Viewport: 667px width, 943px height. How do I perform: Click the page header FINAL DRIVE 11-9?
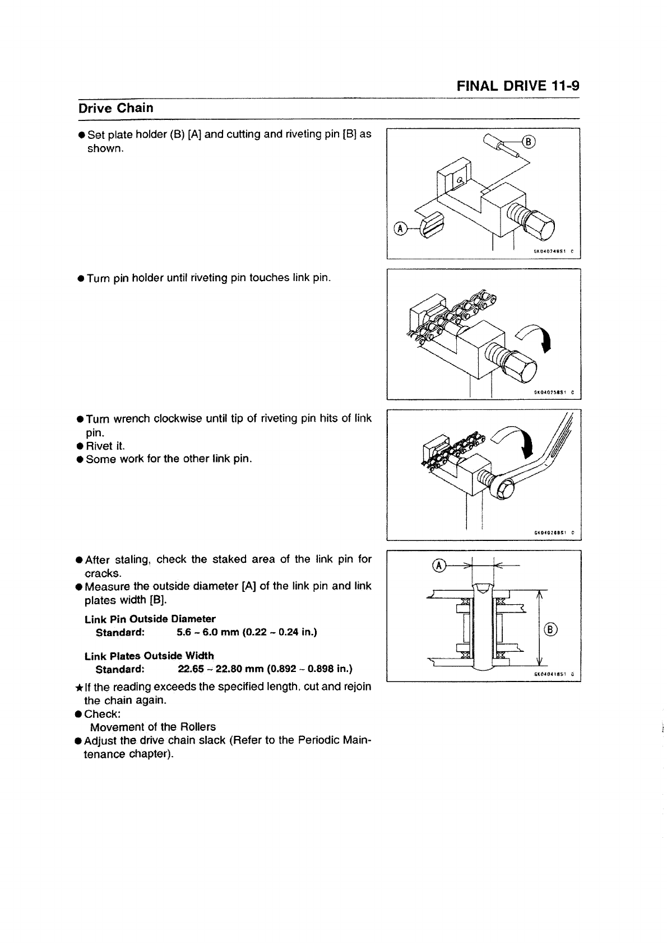[518, 86]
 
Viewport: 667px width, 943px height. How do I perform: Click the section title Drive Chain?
[115, 108]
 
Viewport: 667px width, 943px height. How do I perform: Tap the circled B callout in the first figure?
[529, 141]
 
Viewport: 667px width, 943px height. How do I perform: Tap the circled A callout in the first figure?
[400, 228]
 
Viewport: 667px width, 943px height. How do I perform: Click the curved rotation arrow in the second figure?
[539, 337]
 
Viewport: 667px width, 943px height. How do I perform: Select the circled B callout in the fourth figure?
[550, 629]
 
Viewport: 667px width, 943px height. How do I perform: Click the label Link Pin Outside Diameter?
[150, 619]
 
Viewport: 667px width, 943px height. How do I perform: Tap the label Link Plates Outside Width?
[149, 656]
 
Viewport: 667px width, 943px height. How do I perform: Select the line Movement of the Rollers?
[152, 727]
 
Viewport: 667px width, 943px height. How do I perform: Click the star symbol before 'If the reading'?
[79, 688]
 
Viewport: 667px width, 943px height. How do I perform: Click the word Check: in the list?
[103, 714]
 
